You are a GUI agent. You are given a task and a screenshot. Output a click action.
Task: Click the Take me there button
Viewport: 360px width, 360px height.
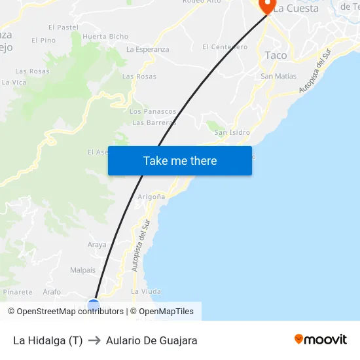click(180, 160)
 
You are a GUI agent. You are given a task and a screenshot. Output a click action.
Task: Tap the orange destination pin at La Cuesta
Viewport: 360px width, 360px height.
click(267, 6)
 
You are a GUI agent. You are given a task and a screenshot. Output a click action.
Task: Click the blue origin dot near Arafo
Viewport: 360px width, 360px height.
click(94, 304)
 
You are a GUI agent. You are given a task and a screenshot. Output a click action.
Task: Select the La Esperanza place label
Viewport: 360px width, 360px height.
click(147, 50)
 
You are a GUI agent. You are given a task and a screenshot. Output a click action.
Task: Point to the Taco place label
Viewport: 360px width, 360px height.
click(276, 56)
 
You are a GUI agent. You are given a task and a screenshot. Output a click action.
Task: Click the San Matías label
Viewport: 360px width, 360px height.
click(278, 77)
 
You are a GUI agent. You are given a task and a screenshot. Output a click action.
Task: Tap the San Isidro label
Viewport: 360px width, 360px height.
click(232, 132)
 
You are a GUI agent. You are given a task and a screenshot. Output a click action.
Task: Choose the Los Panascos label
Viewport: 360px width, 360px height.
click(153, 112)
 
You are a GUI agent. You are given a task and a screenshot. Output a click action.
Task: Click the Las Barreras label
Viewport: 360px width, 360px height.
click(154, 122)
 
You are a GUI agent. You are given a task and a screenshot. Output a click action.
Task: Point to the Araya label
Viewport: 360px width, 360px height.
click(97, 245)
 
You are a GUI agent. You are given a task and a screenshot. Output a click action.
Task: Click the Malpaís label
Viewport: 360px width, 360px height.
click(82, 270)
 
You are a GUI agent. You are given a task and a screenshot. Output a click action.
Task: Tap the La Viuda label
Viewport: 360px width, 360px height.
click(146, 291)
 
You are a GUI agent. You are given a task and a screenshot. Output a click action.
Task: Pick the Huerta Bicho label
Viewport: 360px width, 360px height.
click(105, 37)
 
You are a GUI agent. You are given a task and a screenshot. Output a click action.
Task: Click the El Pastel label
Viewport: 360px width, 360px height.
click(63, 27)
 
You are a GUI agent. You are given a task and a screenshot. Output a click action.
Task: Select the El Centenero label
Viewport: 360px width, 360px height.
click(225, 47)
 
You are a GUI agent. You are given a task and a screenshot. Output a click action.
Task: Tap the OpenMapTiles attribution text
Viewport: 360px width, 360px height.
click(166, 312)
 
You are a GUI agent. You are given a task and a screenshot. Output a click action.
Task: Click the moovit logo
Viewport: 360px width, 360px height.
click(321, 340)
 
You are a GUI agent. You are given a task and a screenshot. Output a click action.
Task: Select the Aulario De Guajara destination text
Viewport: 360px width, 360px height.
click(151, 340)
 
